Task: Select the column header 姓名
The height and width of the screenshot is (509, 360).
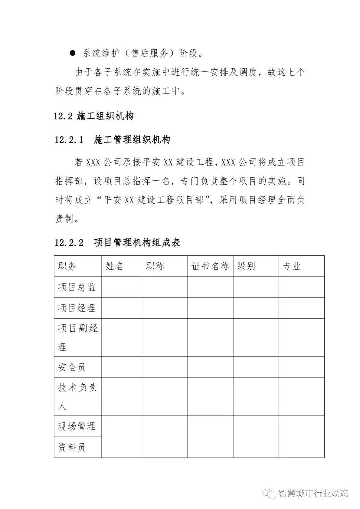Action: click(x=114, y=266)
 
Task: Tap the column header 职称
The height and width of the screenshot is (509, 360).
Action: click(x=155, y=266)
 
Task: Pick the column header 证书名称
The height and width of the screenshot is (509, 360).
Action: click(x=210, y=266)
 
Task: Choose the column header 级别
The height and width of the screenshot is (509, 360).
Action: click(x=246, y=266)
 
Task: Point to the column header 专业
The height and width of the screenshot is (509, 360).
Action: click(x=292, y=266)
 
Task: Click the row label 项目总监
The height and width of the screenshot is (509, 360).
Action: click(x=77, y=287)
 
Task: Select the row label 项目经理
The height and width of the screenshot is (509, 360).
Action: click(x=77, y=308)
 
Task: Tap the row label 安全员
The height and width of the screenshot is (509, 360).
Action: click(x=72, y=367)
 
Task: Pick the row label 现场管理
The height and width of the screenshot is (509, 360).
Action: click(x=77, y=426)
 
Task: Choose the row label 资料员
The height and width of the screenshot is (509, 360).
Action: click(x=72, y=447)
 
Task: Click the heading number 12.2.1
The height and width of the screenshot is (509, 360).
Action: click(x=69, y=140)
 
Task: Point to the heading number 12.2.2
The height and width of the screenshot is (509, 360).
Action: click(x=69, y=242)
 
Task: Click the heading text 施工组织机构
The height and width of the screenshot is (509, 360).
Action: click(x=105, y=116)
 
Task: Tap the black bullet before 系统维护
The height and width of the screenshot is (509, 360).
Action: click(x=72, y=53)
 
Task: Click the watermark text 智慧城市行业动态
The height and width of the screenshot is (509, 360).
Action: click(x=313, y=493)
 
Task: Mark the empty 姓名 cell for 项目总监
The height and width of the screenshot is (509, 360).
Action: click(x=122, y=287)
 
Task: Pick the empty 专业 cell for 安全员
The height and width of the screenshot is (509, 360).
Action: click(x=301, y=367)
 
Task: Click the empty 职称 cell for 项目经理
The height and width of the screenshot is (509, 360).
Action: click(x=165, y=308)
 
